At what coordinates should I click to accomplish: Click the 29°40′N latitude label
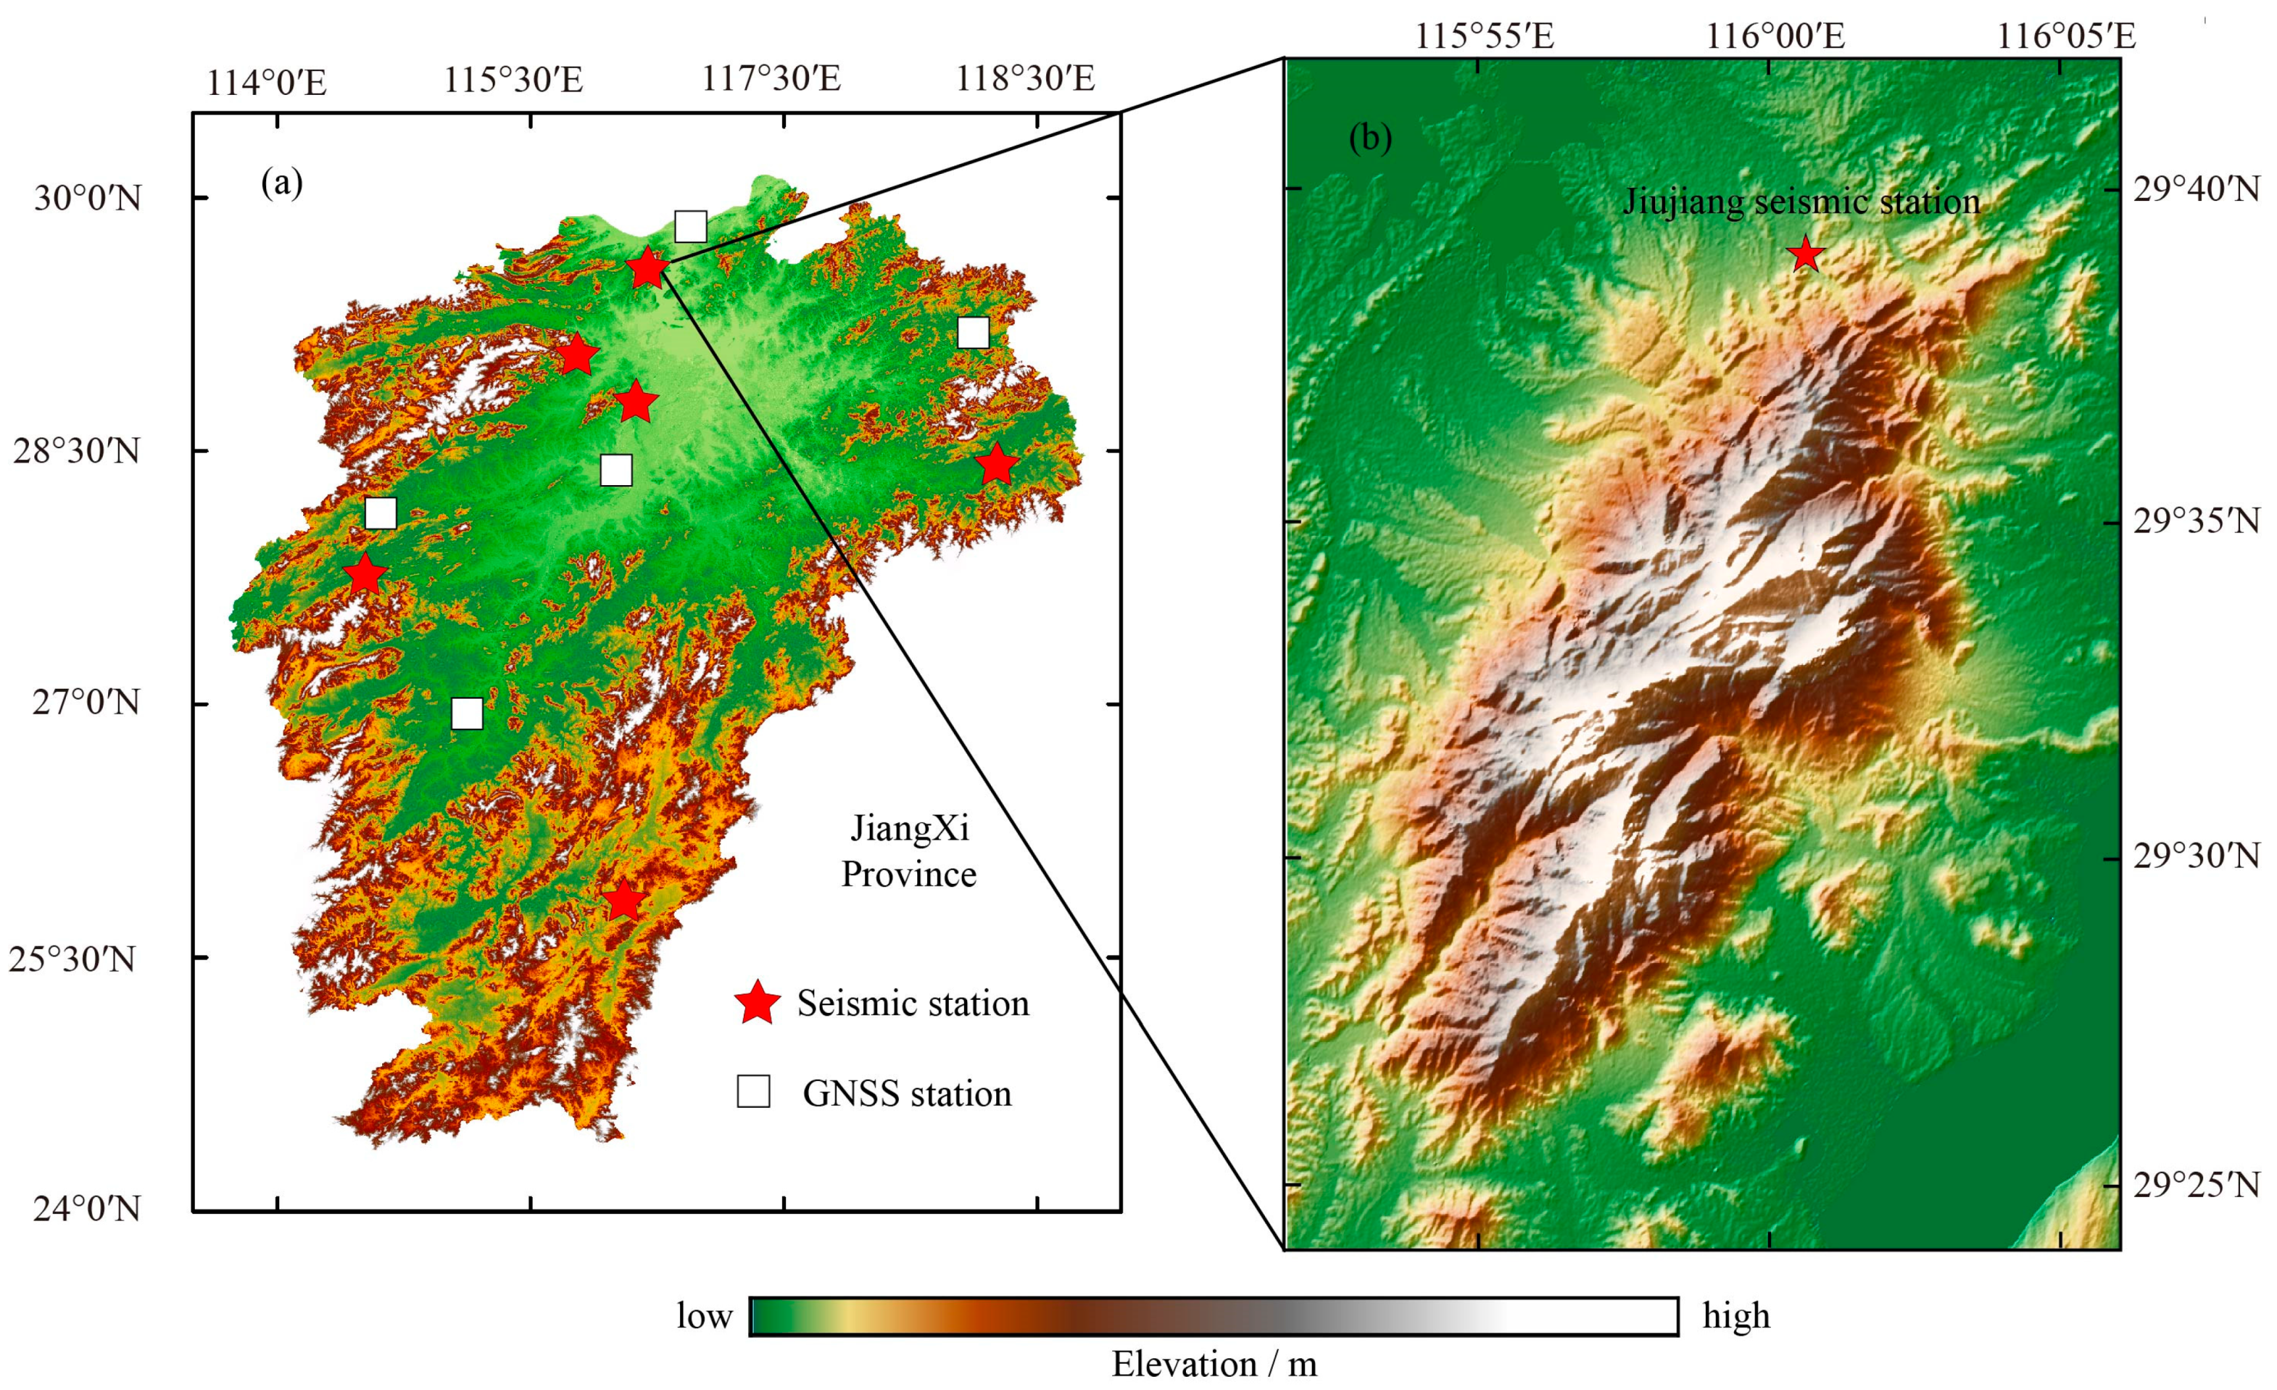pyautogui.click(x=2196, y=189)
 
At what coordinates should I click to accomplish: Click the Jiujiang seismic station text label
pyautogui.click(x=1801, y=202)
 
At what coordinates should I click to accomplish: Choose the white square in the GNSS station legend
pyautogui.click(x=753, y=1091)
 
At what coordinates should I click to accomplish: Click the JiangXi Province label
pyautogui.click(x=909, y=850)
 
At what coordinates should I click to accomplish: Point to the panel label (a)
pyautogui.click(x=282, y=183)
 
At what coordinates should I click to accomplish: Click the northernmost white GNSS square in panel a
pyautogui.click(x=690, y=225)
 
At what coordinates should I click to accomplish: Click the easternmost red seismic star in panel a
pyautogui.click(x=996, y=465)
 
